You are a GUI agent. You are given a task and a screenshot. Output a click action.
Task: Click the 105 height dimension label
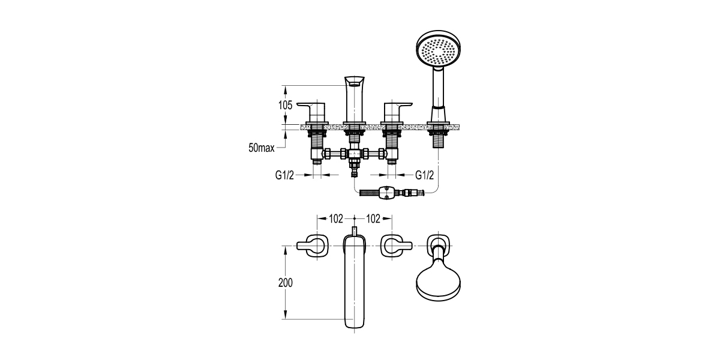pyautogui.click(x=286, y=105)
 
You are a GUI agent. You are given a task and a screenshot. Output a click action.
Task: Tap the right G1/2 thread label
pyautogui.click(x=425, y=175)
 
